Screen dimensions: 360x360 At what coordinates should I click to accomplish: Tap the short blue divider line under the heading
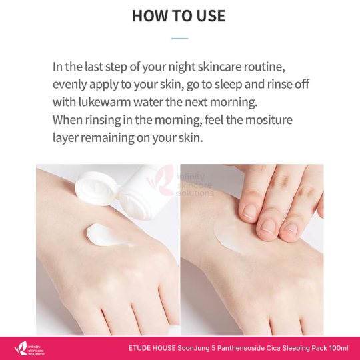coord(180,39)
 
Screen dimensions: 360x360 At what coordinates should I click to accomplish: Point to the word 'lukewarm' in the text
coord(105,102)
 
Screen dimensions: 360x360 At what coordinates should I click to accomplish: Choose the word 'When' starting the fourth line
coord(67,119)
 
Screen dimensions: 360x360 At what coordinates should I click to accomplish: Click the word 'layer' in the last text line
coord(65,138)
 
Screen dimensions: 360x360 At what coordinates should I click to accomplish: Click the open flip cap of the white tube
coord(95,188)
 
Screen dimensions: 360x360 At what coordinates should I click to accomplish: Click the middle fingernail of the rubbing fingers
coord(267,227)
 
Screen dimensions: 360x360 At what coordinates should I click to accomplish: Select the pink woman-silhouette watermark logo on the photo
coord(161,181)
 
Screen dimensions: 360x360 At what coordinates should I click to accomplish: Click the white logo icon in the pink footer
coord(21,349)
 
